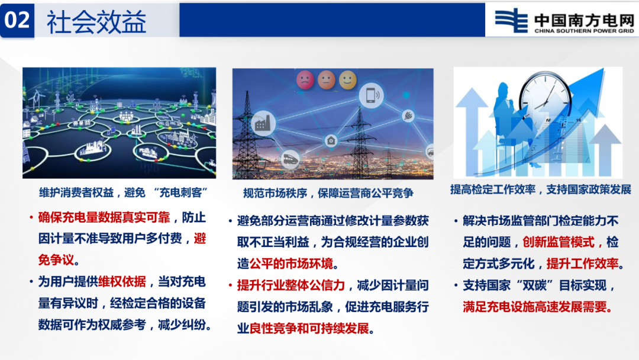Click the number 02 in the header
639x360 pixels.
tap(17, 20)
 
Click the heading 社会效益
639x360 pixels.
tap(96, 22)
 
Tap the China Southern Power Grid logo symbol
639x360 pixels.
tap(511, 20)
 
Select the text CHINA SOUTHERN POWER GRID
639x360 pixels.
tap(584, 31)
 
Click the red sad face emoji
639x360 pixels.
tap(305, 79)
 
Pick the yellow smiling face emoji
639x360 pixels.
tap(348, 80)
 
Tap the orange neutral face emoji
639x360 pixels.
tap(327, 80)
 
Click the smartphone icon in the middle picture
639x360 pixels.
tap(371, 95)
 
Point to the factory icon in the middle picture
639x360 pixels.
tap(263, 123)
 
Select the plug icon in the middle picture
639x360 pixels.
tap(408, 116)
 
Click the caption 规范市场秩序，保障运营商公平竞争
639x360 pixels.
tap(328, 193)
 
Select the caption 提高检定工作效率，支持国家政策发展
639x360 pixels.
tap(540, 189)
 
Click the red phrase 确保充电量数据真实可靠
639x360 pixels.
tap(104, 217)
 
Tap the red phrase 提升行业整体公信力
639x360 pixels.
tap(291, 285)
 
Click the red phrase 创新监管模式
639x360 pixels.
tap(559, 242)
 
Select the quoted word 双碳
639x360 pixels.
tap(535, 285)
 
